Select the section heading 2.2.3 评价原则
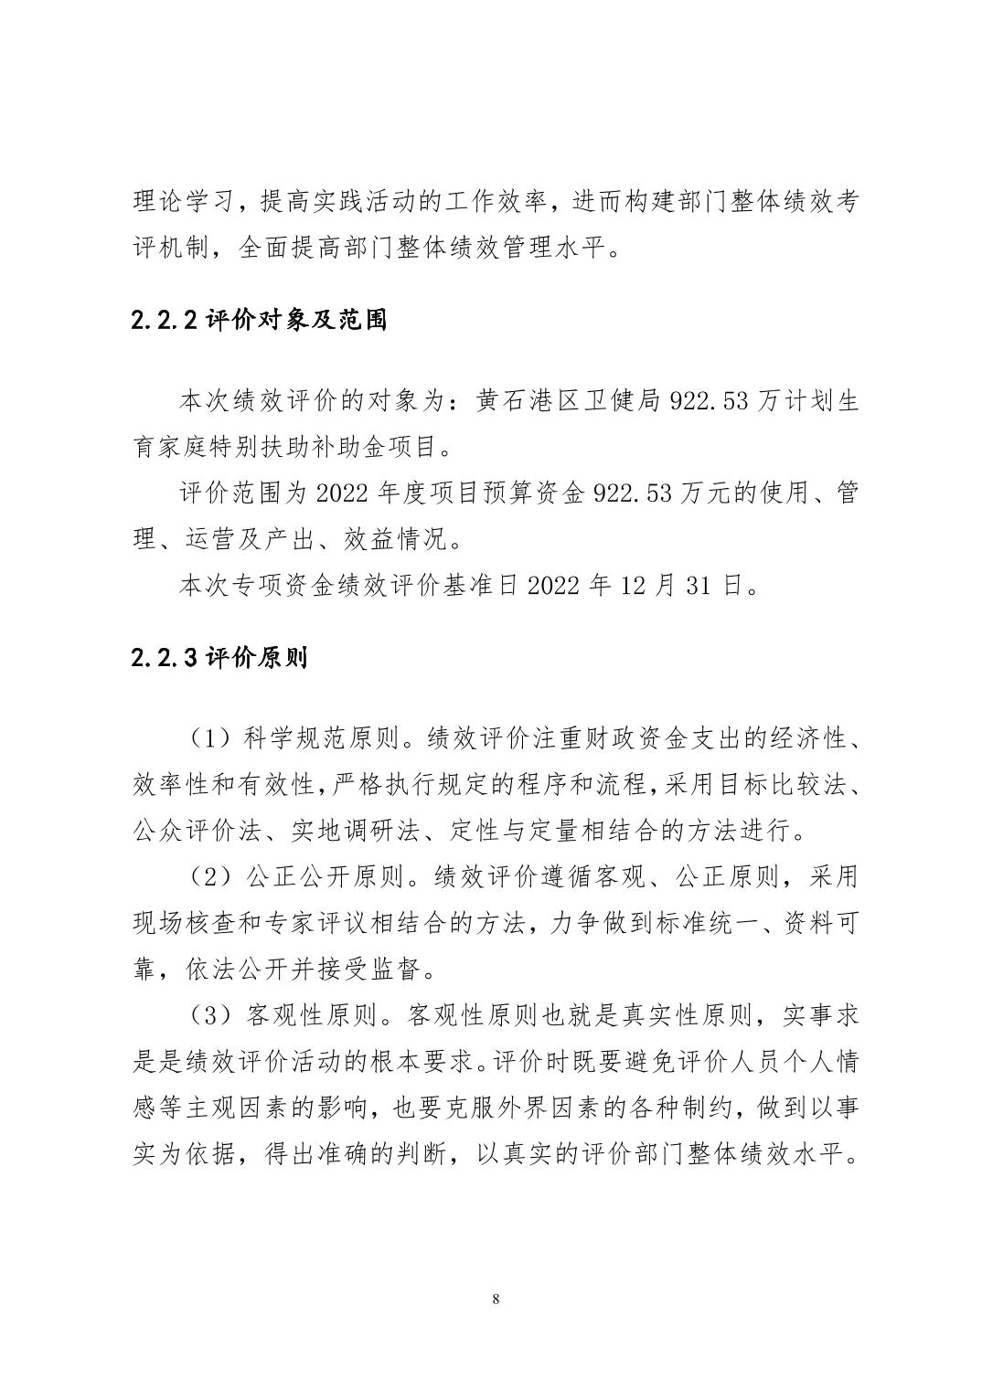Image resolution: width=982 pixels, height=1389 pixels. click(x=219, y=657)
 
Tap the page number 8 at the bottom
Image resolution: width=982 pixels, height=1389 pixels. click(x=496, y=1299)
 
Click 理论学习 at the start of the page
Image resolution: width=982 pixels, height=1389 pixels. click(x=178, y=202)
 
